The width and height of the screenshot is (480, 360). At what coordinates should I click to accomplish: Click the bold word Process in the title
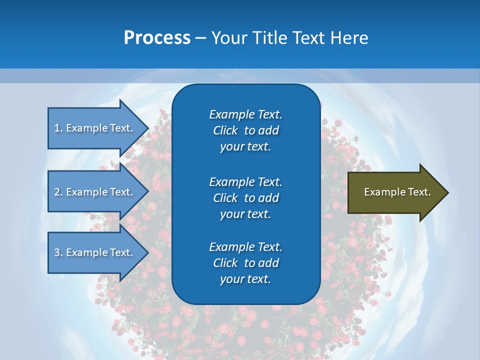point(157,38)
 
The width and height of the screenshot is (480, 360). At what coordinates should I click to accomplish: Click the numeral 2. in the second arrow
point(58,192)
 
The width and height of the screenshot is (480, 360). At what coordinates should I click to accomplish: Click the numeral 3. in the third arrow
point(58,252)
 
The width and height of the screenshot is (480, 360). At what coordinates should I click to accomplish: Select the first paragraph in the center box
point(245,130)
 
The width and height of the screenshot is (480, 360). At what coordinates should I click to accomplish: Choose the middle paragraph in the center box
point(245,197)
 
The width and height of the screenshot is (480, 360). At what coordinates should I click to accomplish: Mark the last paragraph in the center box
point(245,263)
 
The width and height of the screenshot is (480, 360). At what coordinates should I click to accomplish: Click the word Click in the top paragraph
point(225,130)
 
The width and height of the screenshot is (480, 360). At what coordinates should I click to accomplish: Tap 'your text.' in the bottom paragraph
point(245,279)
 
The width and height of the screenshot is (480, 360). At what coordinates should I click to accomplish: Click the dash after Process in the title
point(200,38)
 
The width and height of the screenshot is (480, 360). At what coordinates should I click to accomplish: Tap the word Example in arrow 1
point(87,128)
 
